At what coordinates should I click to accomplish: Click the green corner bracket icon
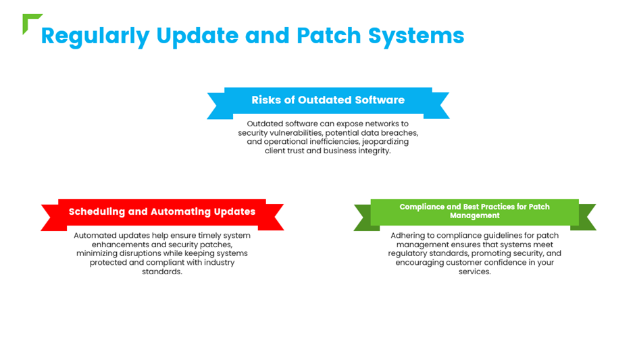coord(28,20)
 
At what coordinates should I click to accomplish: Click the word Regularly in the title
coord(95,36)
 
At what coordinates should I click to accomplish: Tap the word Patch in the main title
coord(328,36)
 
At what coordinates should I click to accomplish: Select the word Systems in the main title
coord(416,36)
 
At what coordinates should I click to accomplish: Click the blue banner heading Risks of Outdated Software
coord(328,103)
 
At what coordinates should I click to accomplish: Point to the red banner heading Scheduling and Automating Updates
coord(162,215)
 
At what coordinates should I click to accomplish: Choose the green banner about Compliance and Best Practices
coord(475,215)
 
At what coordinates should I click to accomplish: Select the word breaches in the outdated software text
coord(401,133)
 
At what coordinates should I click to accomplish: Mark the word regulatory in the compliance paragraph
coord(407,254)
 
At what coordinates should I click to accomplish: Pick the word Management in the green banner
coord(475,216)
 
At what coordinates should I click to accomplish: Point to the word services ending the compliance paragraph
coord(475,272)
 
